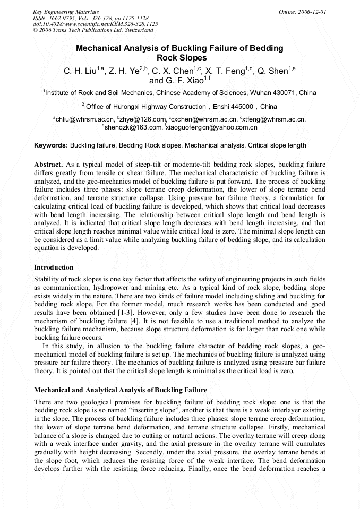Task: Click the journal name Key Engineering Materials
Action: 66,12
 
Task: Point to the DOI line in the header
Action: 96,24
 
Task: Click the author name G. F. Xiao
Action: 183,81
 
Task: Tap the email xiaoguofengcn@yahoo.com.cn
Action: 212,127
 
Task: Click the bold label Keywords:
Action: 51,145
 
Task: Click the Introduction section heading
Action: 54,268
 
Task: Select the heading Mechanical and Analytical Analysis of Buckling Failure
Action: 121,390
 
